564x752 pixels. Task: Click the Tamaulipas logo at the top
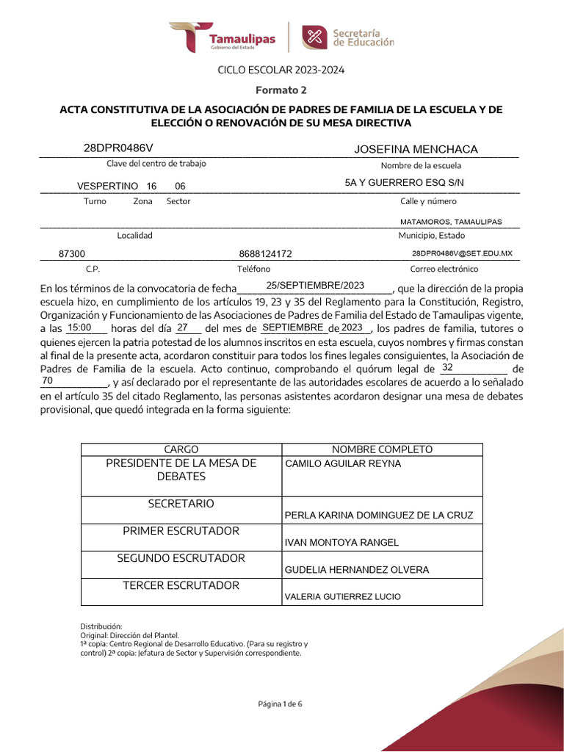223,37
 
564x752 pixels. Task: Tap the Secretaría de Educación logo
349,37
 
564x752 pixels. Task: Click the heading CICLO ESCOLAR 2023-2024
281,70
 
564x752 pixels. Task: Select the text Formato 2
281,90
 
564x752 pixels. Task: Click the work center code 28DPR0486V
118,148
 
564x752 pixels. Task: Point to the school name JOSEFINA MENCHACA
416,149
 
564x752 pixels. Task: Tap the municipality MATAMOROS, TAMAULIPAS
451,221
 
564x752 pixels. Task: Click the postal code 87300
72,254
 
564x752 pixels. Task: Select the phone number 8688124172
266,254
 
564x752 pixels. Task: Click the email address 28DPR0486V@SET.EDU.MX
462,253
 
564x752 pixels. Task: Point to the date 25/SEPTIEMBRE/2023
315,285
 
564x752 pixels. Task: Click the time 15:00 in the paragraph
79,328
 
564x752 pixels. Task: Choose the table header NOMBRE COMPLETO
382,449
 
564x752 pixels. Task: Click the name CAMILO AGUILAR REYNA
343,464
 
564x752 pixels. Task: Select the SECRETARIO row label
181,504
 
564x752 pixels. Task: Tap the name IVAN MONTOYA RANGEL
341,543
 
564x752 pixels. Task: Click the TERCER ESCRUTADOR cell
181,585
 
